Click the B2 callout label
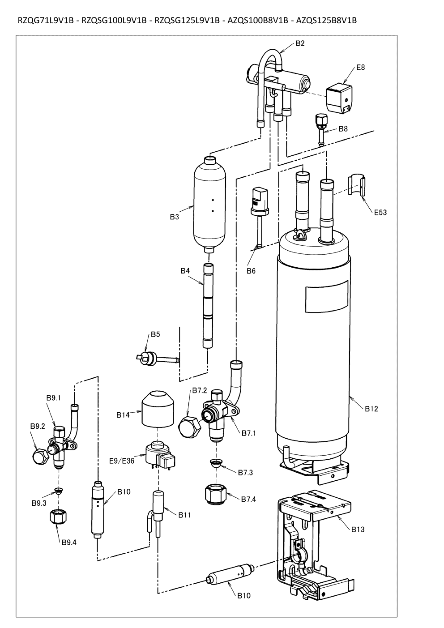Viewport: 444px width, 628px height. (300, 43)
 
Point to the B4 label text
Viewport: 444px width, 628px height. (185, 271)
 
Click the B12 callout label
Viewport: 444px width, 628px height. (371, 409)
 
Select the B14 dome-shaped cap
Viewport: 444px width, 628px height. (158, 408)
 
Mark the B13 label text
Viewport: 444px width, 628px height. (358, 530)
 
